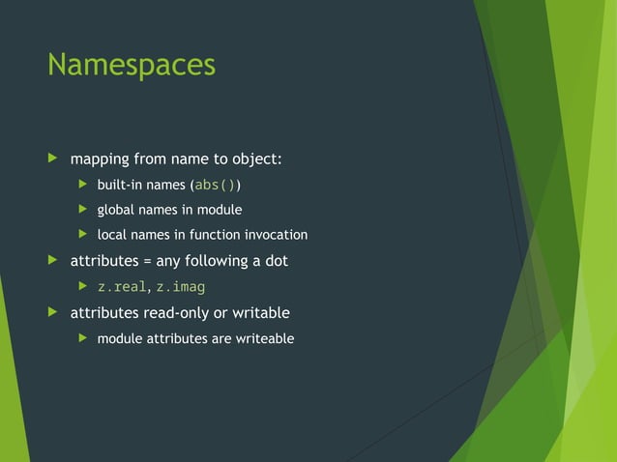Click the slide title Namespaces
click(131, 66)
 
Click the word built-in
click(120, 185)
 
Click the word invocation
click(276, 235)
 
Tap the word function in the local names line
click(212, 235)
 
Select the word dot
click(276, 261)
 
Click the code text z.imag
click(181, 287)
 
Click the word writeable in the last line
click(260, 338)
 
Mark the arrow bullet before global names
click(82, 210)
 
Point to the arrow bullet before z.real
click(82, 287)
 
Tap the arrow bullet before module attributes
click(82, 338)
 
